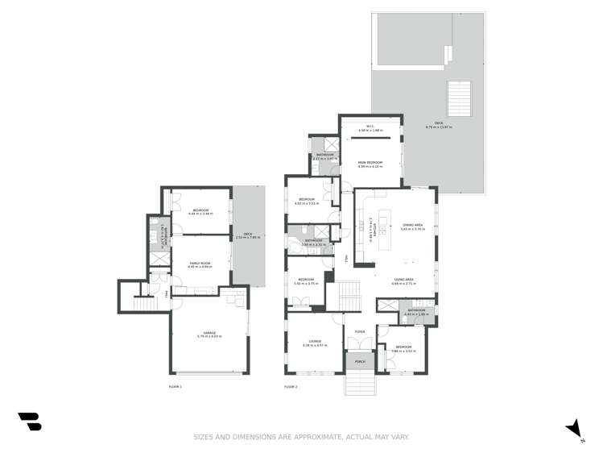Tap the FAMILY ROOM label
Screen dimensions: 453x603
(200, 264)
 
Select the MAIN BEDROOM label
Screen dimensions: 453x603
(370, 164)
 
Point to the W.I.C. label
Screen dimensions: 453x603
(370, 127)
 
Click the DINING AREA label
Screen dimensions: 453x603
(413, 227)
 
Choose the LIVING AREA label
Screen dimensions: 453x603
(403, 281)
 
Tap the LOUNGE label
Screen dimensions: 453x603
(314, 343)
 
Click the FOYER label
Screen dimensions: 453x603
(360, 331)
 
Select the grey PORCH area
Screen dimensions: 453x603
(360, 362)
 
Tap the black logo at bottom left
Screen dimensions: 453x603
(29, 422)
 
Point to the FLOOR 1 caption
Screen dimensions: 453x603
(176, 387)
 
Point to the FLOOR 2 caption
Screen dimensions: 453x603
(291, 387)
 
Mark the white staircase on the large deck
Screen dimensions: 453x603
(458, 99)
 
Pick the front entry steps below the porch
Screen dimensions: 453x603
(360, 384)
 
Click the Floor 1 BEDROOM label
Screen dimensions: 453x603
(200, 212)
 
